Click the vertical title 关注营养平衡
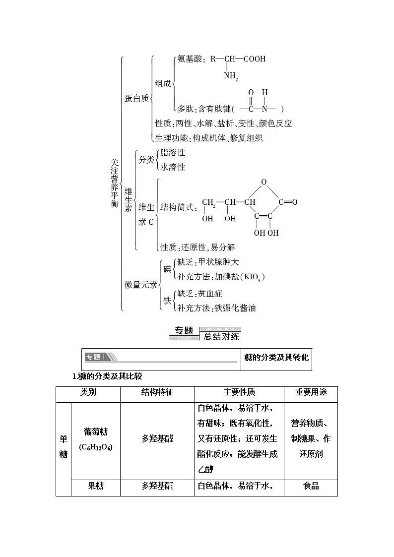115,183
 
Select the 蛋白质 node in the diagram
136,98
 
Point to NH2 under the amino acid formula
231,76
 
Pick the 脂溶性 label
173,153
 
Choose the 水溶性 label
173,167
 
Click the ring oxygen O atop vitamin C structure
263,182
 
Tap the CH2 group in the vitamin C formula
208,202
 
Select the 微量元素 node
140,284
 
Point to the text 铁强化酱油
235,308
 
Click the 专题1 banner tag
96,357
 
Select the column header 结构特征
157,392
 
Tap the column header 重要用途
311,392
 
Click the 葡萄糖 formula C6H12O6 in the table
96,447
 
